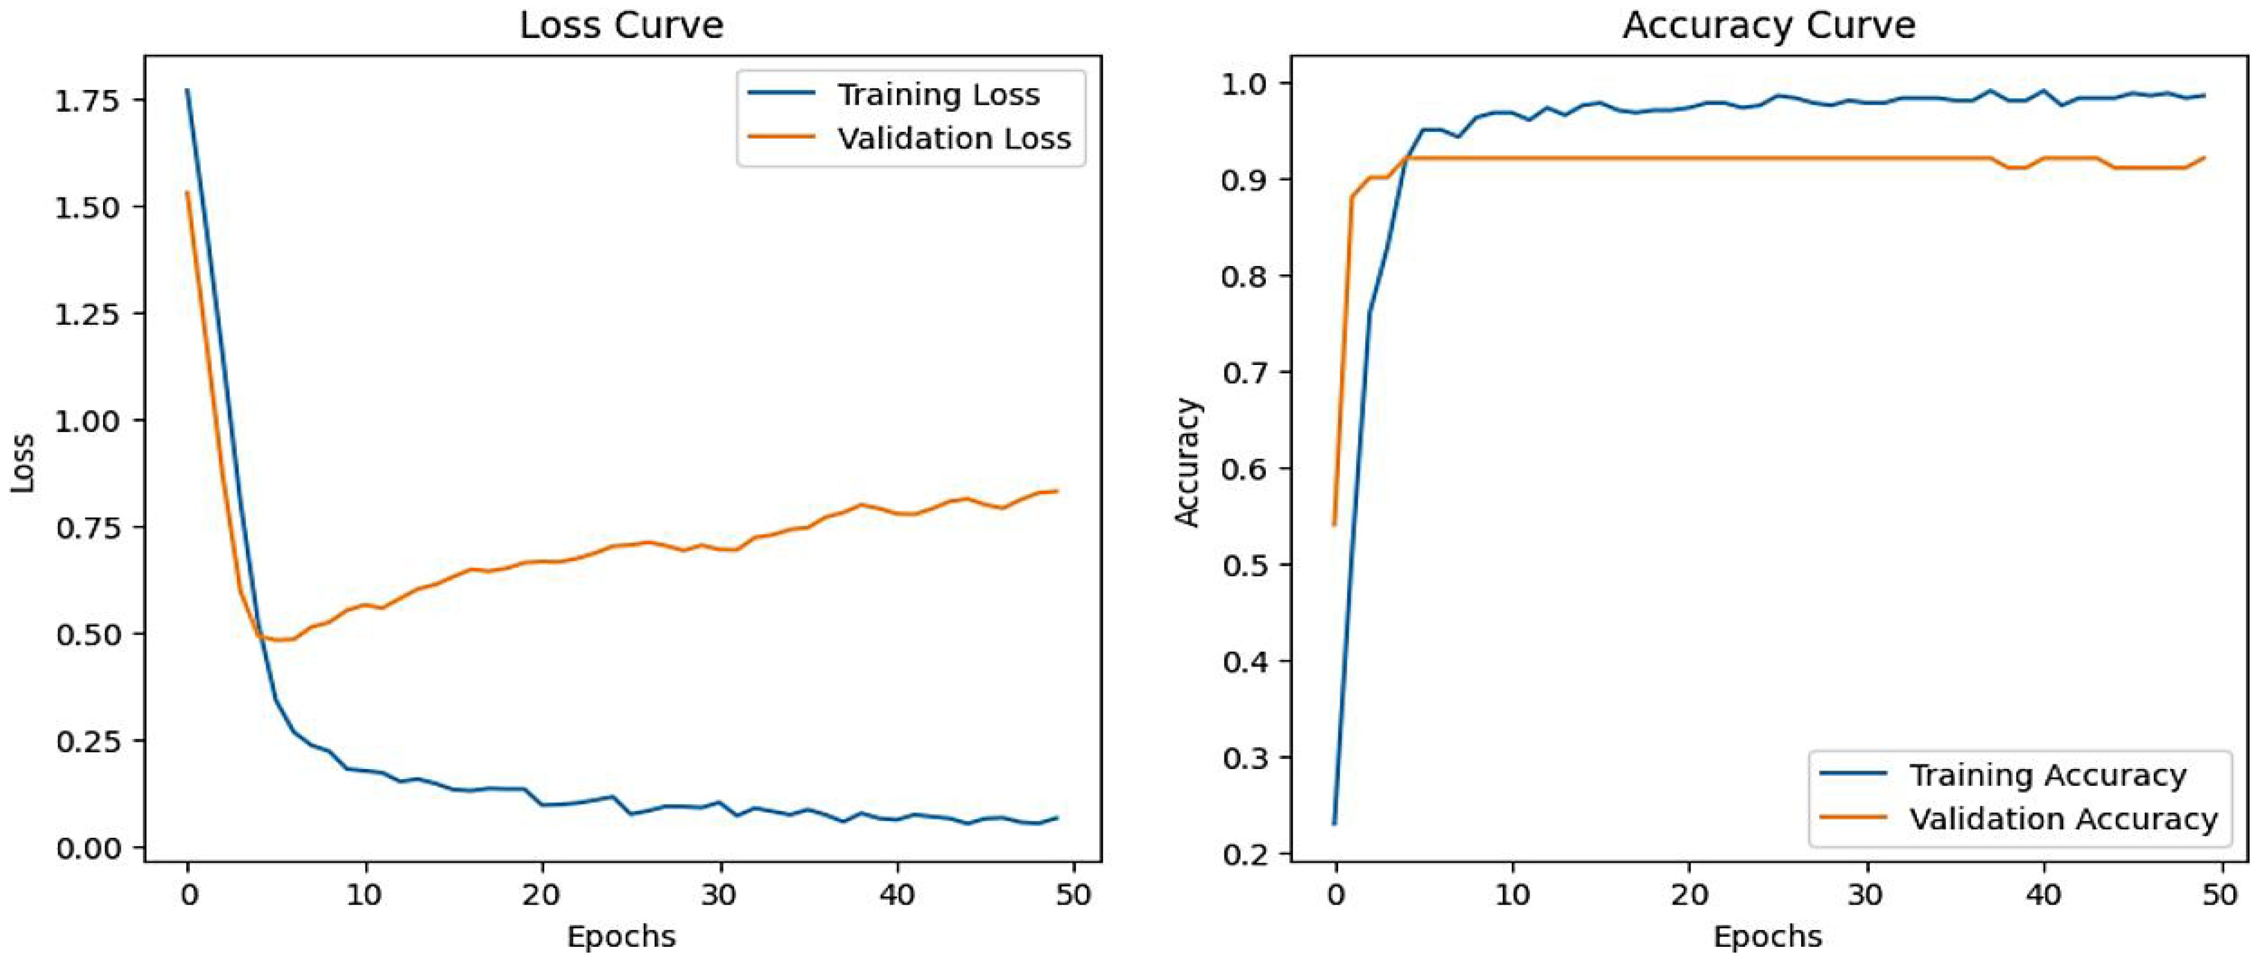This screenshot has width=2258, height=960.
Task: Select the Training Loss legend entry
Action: (x=938, y=95)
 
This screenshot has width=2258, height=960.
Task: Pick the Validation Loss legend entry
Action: (x=954, y=139)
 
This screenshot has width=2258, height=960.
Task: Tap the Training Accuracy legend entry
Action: (x=2047, y=775)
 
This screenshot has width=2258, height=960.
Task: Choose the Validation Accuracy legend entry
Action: (x=2063, y=819)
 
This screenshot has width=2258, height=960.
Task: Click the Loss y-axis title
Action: (x=23, y=463)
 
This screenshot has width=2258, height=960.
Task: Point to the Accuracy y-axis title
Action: (x=1187, y=462)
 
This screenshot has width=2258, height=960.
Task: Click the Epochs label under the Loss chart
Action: (x=621, y=936)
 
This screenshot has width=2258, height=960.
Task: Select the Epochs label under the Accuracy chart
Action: (x=1768, y=936)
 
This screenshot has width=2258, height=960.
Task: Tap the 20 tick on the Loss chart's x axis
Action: (x=542, y=895)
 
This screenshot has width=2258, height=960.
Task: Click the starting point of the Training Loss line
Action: (x=187, y=89)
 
